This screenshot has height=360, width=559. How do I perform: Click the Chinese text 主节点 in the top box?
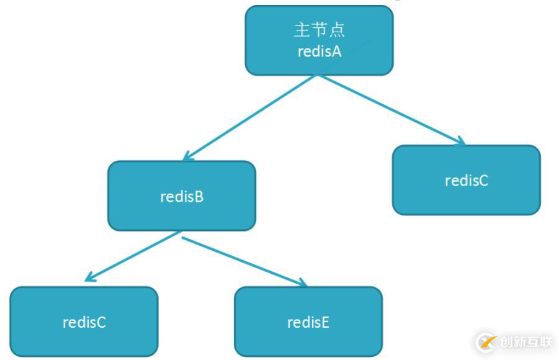pos(320,30)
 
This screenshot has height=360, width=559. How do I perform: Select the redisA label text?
pos(320,52)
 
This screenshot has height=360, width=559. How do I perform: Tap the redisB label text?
pos(182,197)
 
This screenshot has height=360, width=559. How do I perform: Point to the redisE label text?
pos(308,323)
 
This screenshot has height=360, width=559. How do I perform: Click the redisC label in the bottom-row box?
pos(84,323)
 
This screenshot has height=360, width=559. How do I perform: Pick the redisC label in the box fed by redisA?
pos(467,181)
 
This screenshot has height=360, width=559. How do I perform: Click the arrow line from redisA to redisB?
pos(250,117)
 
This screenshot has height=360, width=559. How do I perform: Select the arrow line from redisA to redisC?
pos(391,109)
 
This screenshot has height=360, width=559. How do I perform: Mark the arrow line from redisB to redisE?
pos(244,261)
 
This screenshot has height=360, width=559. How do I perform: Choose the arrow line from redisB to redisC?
pos(133,256)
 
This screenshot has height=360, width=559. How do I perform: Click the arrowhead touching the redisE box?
pos(303,282)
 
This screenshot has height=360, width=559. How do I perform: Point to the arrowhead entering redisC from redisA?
pos(461,141)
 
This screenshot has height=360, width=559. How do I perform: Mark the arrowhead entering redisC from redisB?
pos(89,277)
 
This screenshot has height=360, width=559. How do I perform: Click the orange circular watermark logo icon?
pos(487,343)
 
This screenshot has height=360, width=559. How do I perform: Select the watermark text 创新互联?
pos(526,342)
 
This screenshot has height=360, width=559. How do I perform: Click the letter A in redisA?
pos(336,52)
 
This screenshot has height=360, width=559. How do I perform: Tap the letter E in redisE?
pos(325,323)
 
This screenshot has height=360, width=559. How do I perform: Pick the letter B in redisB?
pos(199,197)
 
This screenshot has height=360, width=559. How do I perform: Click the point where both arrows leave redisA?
pos(317,75)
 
